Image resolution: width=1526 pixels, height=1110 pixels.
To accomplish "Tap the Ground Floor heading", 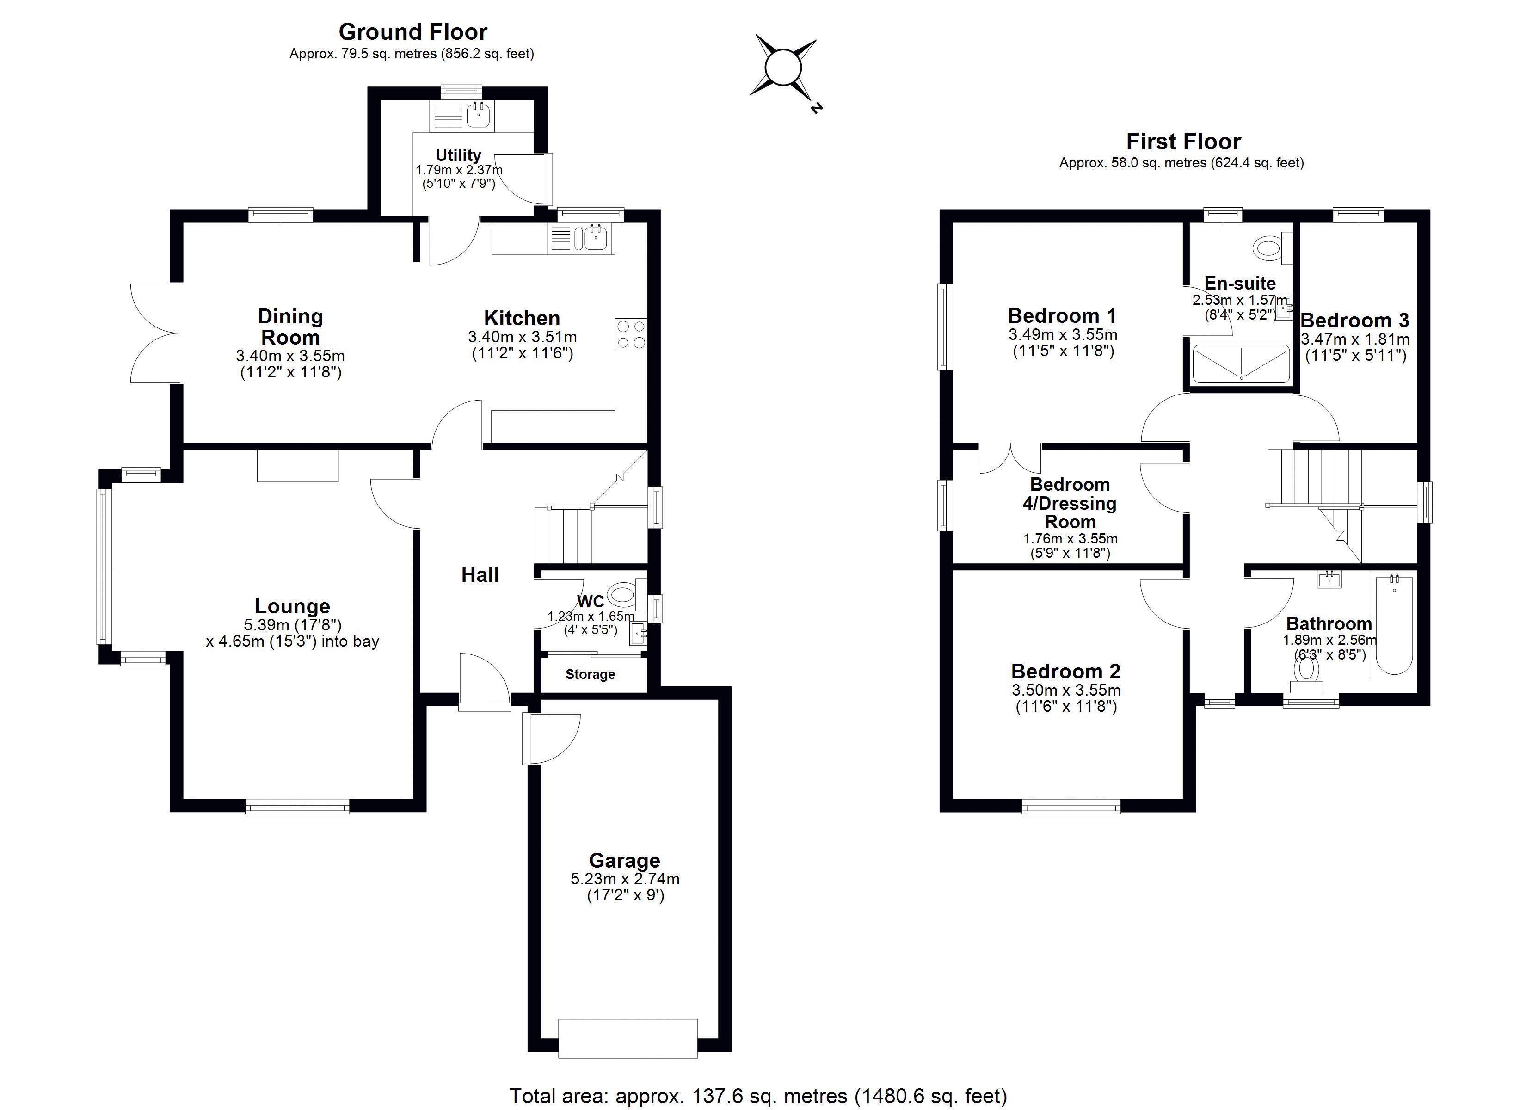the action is click(413, 31).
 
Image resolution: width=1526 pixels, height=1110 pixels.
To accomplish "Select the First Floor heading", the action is click(1183, 142).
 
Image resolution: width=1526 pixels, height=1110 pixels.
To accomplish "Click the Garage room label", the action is click(624, 860).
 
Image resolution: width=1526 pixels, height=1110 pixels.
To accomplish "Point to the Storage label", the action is click(590, 674).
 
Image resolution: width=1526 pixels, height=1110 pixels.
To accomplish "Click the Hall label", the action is click(480, 575).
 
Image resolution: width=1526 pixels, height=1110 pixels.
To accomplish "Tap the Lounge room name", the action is click(292, 606).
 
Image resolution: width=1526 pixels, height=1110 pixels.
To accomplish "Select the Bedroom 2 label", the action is click(1066, 671).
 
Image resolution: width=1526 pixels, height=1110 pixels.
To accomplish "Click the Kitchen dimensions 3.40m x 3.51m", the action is click(522, 337).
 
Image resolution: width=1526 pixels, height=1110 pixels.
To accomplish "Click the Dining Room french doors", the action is click(155, 333).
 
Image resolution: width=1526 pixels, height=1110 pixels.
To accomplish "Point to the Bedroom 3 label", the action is click(1355, 321).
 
